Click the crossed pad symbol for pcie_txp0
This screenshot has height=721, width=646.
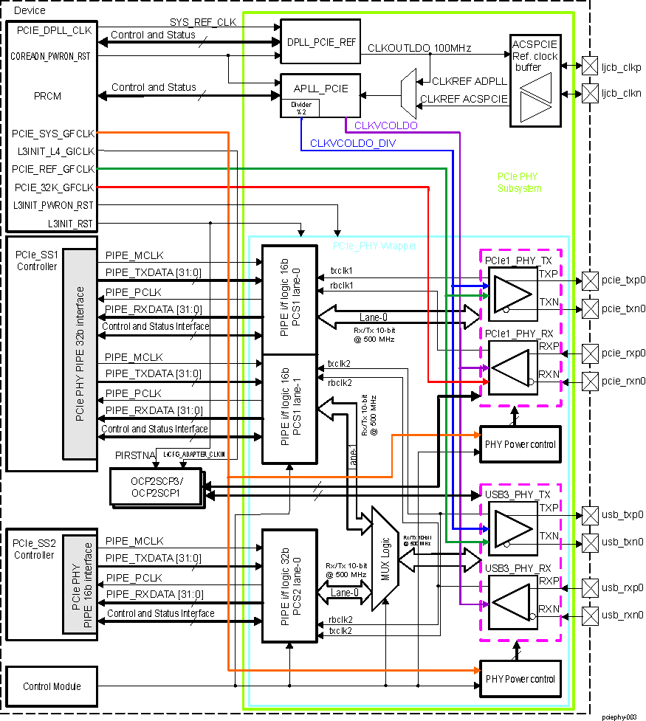click(591, 280)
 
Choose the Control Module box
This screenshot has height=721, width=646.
click(52, 686)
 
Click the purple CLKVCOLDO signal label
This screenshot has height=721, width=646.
click(385, 126)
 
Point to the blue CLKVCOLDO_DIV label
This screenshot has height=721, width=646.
click(352, 143)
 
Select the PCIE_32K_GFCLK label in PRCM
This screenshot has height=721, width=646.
click(53, 187)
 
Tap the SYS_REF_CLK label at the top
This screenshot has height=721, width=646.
click(202, 23)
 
